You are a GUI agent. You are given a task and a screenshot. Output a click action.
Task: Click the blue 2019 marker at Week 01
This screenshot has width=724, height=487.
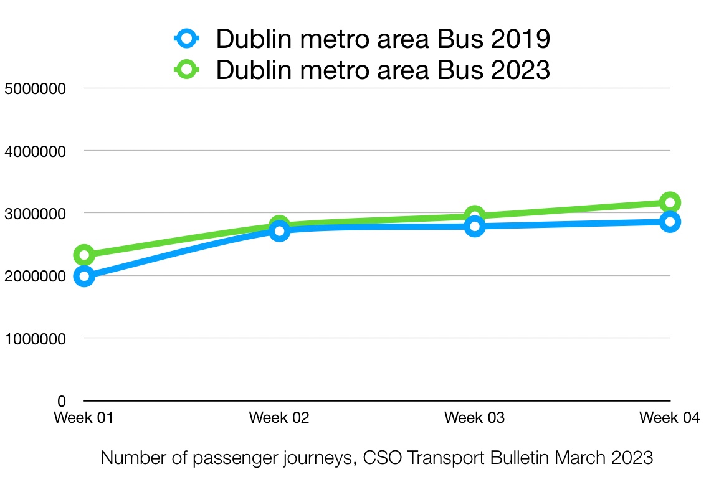click(x=84, y=277)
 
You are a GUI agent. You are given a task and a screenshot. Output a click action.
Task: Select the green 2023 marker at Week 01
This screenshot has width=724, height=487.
click(x=84, y=255)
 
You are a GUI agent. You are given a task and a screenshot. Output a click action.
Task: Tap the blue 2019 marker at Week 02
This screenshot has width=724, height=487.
click(x=279, y=231)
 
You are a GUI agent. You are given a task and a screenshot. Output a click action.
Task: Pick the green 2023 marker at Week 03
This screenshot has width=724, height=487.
click(x=475, y=216)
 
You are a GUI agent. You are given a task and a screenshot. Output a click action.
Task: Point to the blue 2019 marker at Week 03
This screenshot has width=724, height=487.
click(x=475, y=226)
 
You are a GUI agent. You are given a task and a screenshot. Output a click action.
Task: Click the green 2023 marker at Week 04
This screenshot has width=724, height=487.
click(x=670, y=202)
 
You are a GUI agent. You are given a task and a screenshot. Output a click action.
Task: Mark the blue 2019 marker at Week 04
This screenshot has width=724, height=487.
click(x=670, y=222)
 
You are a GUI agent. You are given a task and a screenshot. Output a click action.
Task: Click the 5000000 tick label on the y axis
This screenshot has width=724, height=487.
click(x=35, y=88)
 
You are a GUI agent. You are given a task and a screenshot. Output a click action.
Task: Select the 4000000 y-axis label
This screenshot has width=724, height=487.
click(x=35, y=151)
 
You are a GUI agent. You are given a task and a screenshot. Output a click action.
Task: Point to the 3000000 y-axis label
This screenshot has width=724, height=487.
click(x=35, y=214)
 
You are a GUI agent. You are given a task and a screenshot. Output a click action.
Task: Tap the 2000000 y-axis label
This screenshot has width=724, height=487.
click(x=35, y=276)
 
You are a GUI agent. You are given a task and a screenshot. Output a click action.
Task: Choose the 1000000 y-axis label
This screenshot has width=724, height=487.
click(x=35, y=339)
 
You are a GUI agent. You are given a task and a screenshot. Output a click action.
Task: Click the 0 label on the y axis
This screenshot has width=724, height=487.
click(x=61, y=401)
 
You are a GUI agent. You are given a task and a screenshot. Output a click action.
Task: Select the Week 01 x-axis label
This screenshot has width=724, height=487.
click(x=83, y=418)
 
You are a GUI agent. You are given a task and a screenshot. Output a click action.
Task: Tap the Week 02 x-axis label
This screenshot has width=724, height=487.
click(x=279, y=418)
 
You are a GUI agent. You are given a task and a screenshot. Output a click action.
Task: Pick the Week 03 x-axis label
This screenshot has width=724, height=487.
click(x=475, y=418)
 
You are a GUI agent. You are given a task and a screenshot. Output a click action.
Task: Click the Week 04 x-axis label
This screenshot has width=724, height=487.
click(x=670, y=418)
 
